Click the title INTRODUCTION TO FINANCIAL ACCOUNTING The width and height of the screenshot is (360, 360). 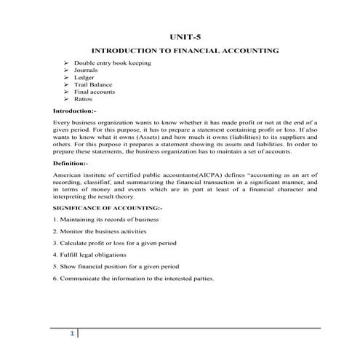[184, 51]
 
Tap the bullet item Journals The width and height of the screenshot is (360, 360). [87, 71]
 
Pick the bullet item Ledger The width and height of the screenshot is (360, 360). [84, 77]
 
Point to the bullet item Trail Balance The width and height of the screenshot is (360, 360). [92, 84]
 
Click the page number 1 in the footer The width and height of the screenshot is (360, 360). [72, 333]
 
